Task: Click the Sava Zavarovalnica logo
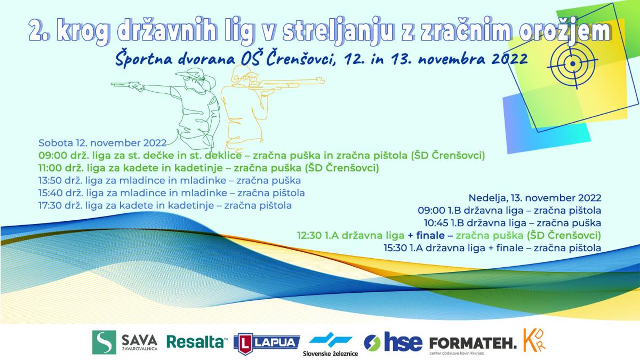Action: (125, 342)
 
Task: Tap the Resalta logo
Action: (197, 342)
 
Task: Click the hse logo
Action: (393, 342)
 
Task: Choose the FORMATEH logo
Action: (473, 345)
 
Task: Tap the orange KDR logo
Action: (534, 340)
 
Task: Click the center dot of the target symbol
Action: (573, 63)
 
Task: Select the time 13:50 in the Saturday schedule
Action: (51, 181)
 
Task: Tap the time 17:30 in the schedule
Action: (51, 205)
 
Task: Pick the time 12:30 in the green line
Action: (309, 235)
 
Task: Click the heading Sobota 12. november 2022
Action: (102, 143)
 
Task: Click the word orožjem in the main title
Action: (565, 31)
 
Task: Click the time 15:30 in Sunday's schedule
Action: (395, 248)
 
